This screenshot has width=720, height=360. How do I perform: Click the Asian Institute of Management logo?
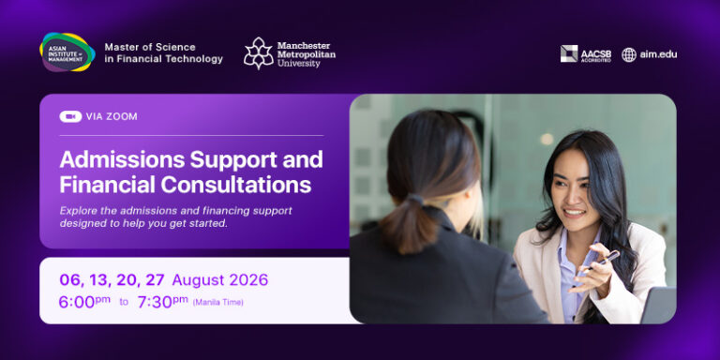67,52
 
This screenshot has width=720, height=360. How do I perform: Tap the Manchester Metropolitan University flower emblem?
258,53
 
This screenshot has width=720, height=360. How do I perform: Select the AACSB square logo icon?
569,53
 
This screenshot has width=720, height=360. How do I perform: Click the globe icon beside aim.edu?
629,54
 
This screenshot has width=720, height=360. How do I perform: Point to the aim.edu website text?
658,54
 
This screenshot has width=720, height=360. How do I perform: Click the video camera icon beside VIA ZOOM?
70,116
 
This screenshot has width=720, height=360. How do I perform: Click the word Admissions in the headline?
122,159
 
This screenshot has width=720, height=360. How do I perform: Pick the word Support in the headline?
233,160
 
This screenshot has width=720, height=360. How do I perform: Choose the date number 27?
155,280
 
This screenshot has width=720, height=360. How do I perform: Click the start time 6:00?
77,302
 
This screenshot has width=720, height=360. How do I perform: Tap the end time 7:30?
155,302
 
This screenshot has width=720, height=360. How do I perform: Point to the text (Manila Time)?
218,302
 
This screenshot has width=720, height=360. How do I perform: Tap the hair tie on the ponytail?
415,201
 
